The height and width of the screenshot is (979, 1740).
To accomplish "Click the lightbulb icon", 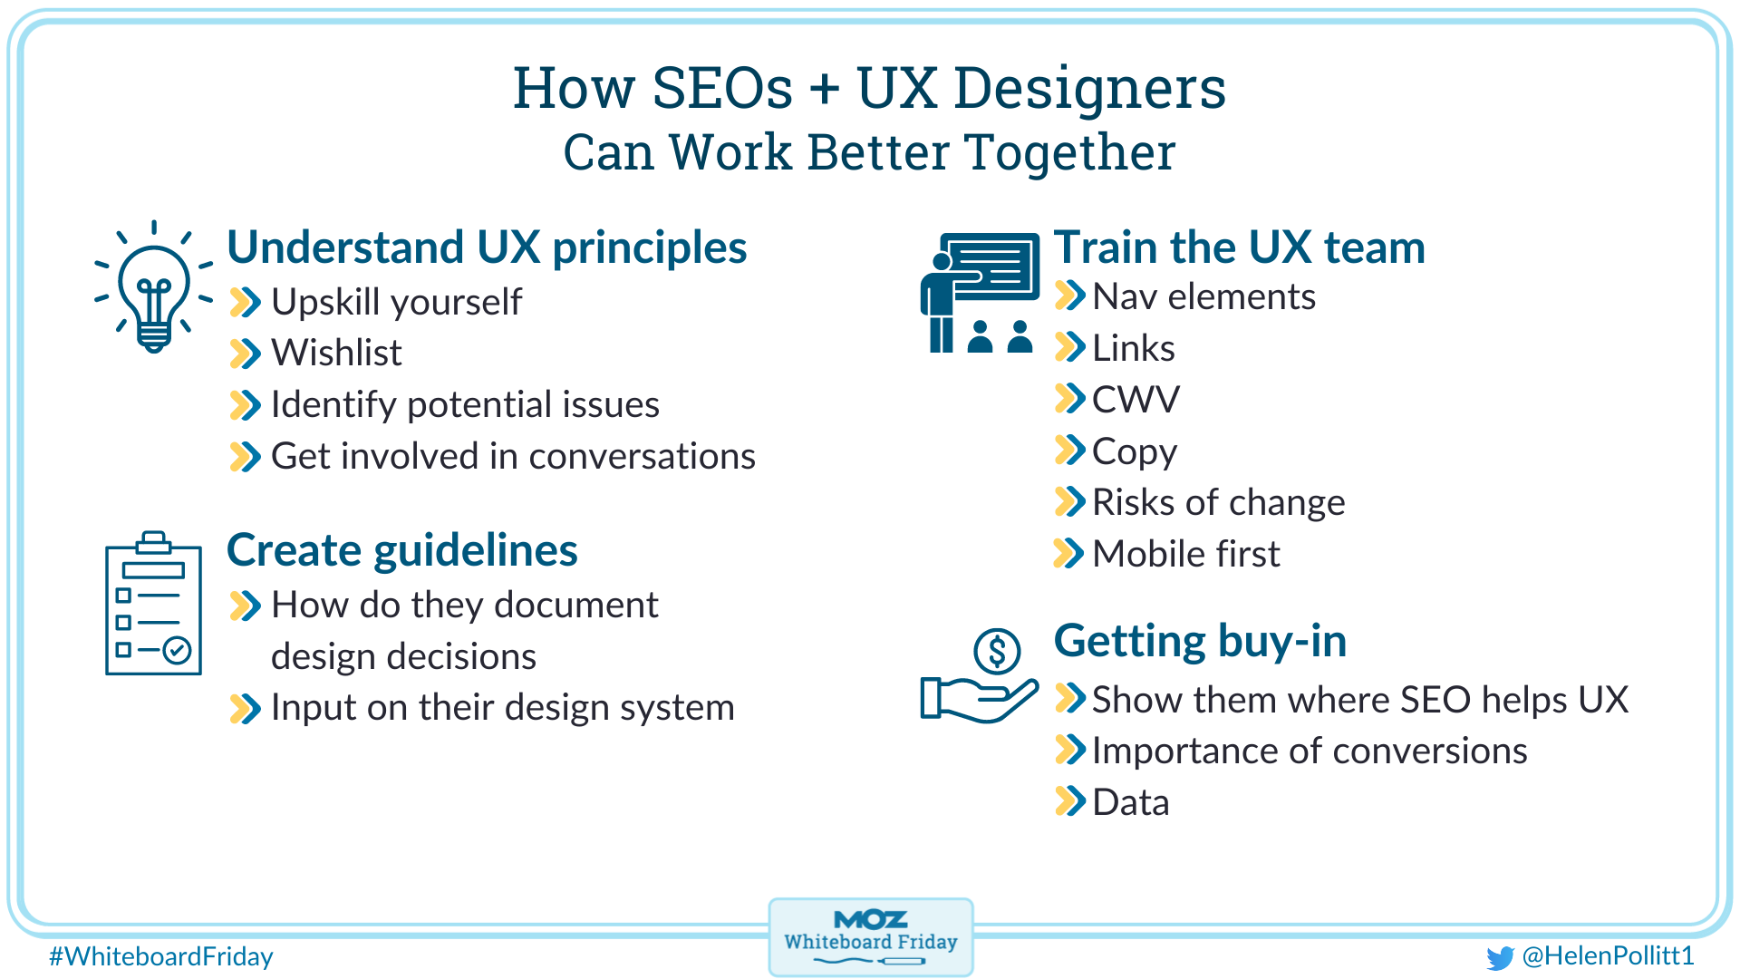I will point(154,288).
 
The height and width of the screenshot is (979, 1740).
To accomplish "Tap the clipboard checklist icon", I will point(153,605).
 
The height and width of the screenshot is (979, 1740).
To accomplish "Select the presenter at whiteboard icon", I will point(980,293).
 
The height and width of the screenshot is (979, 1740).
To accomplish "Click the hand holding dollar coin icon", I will point(980,675).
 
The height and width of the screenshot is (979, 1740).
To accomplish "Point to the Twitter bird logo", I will point(1500,957).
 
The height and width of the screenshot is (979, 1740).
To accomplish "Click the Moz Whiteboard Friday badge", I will point(870,937).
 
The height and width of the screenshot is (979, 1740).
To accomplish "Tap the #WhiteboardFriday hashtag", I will point(161,956).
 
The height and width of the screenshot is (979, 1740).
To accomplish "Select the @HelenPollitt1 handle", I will point(1608,955).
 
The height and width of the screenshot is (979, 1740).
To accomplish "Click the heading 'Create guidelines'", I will point(401,550).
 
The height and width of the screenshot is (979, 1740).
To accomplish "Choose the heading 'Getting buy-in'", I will point(1200,641).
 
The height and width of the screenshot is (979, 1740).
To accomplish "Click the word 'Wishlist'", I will point(336,353).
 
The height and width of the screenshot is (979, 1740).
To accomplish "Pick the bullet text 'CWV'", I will point(1136,400).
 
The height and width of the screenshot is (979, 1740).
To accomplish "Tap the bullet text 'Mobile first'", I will point(1186,554).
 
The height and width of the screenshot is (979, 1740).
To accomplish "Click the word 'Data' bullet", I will point(1130,803).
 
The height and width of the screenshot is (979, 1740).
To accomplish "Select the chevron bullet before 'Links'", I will point(1070,347).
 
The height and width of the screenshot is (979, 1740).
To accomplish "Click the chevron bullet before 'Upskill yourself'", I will point(245,302).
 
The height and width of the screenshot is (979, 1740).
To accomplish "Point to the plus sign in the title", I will point(824,90).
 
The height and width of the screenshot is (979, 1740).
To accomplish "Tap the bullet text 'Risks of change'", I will point(1218,502).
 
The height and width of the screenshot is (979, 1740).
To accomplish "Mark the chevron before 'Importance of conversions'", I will point(1070,751).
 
